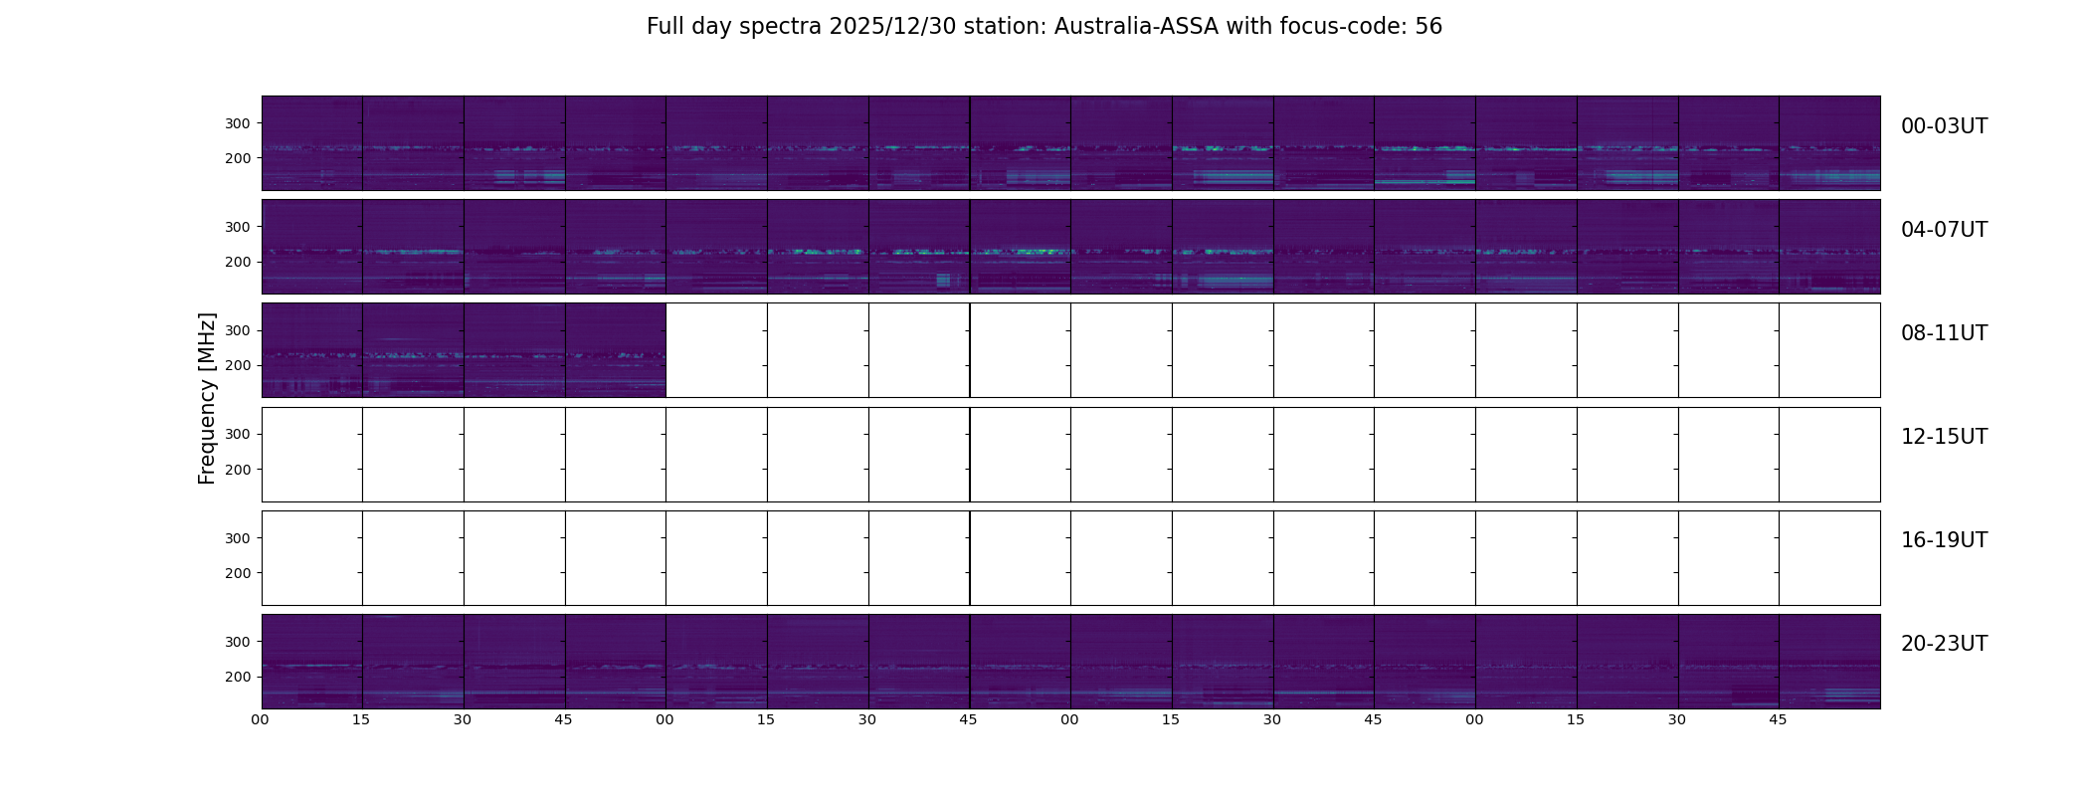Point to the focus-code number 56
point(1428,27)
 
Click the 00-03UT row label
point(1944,126)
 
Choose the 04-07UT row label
point(1944,230)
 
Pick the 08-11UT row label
point(1944,333)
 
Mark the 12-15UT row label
point(1944,437)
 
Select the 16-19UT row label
point(1944,540)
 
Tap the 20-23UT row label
point(1944,644)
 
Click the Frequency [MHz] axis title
point(207,398)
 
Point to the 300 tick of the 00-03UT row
point(238,123)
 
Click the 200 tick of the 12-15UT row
point(238,470)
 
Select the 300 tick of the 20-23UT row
point(238,642)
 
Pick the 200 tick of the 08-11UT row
point(238,366)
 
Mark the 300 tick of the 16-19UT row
point(238,538)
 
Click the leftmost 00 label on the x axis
point(261,719)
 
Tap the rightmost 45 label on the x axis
point(1778,719)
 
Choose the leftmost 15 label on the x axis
point(361,719)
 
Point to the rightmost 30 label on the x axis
point(1677,719)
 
